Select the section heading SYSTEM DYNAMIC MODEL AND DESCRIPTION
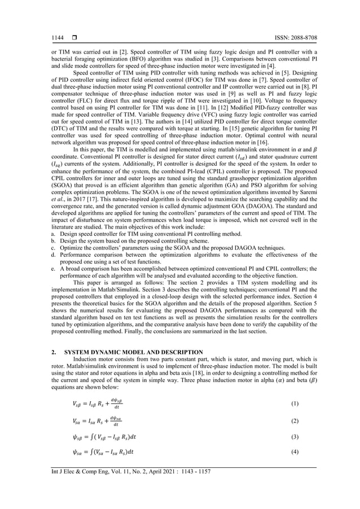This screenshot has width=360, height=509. pyautogui.click(x=134, y=352)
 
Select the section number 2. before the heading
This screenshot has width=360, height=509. pyautogui.click(x=54, y=352)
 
